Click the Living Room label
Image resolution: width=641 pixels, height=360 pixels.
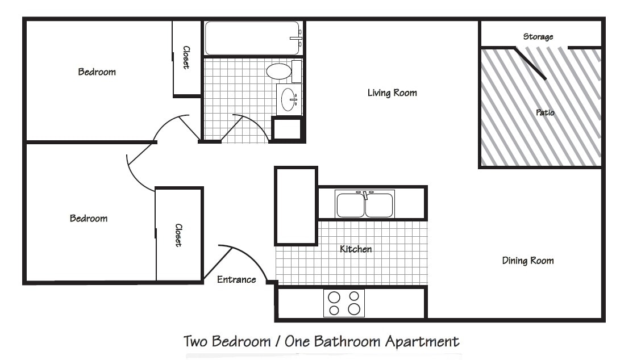(x=392, y=93)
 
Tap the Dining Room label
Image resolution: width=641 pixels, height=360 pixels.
(x=527, y=261)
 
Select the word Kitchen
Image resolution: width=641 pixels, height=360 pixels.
(x=356, y=249)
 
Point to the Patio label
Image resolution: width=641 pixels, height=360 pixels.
(x=545, y=112)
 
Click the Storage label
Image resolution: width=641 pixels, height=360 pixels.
(x=538, y=37)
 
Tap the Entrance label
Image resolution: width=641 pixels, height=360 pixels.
(x=236, y=279)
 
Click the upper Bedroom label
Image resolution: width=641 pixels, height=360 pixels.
(x=97, y=72)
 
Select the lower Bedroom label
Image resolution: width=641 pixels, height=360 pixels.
(x=89, y=219)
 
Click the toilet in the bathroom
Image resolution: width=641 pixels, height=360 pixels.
(x=279, y=71)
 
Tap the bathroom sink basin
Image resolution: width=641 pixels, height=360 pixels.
(x=288, y=99)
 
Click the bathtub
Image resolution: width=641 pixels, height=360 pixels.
(x=251, y=38)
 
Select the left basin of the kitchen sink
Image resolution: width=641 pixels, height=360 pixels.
(x=350, y=205)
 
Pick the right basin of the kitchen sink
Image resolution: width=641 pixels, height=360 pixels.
(x=379, y=205)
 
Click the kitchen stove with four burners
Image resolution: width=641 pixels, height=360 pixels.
(x=344, y=303)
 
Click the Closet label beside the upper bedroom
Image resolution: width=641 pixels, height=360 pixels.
(x=186, y=57)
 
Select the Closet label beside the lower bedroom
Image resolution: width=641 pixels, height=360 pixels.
(x=178, y=235)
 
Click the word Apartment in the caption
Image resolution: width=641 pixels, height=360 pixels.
(x=422, y=341)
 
